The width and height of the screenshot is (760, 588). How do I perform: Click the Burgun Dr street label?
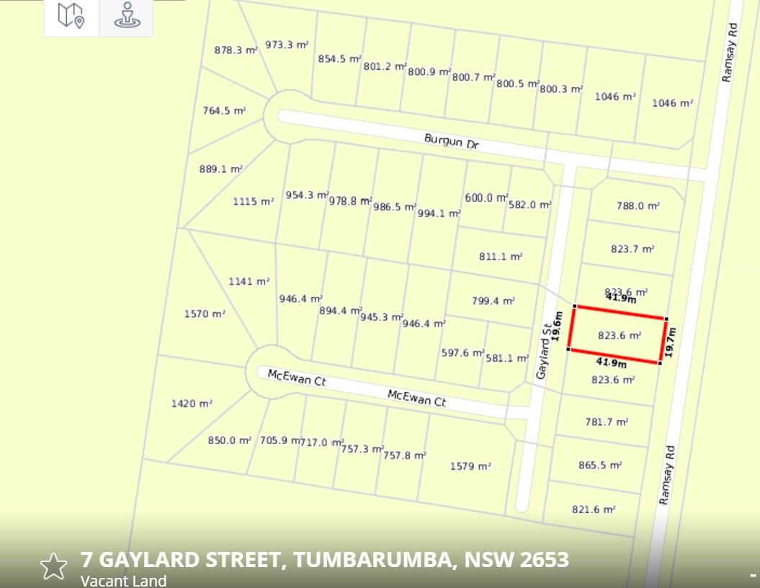point(451,141)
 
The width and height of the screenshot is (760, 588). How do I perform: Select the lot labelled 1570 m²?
point(205,314)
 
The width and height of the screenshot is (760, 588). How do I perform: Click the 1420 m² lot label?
point(192,404)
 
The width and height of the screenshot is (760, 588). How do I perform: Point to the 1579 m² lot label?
point(470,466)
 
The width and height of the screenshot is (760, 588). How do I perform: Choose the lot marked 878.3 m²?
point(236,50)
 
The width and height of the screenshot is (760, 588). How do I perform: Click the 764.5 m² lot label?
point(224,111)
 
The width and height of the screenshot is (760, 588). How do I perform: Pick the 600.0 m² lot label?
point(486,197)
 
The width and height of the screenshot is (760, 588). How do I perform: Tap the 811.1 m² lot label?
point(501,257)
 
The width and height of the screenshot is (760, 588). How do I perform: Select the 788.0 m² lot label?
point(638,205)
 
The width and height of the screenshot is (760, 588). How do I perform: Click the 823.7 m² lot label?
point(632,249)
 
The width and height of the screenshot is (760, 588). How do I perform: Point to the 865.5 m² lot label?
point(600,465)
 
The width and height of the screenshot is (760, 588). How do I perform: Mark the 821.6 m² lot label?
point(594,509)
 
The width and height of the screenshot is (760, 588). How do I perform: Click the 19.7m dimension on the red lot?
point(671,342)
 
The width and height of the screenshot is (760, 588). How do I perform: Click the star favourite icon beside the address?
point(53,566)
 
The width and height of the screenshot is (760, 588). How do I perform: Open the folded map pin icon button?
point(71,16)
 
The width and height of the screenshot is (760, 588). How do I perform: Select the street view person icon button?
point(126,16)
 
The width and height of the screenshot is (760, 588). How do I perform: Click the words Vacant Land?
point(123,580)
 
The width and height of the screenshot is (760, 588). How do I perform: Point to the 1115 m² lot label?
point(253,202)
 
